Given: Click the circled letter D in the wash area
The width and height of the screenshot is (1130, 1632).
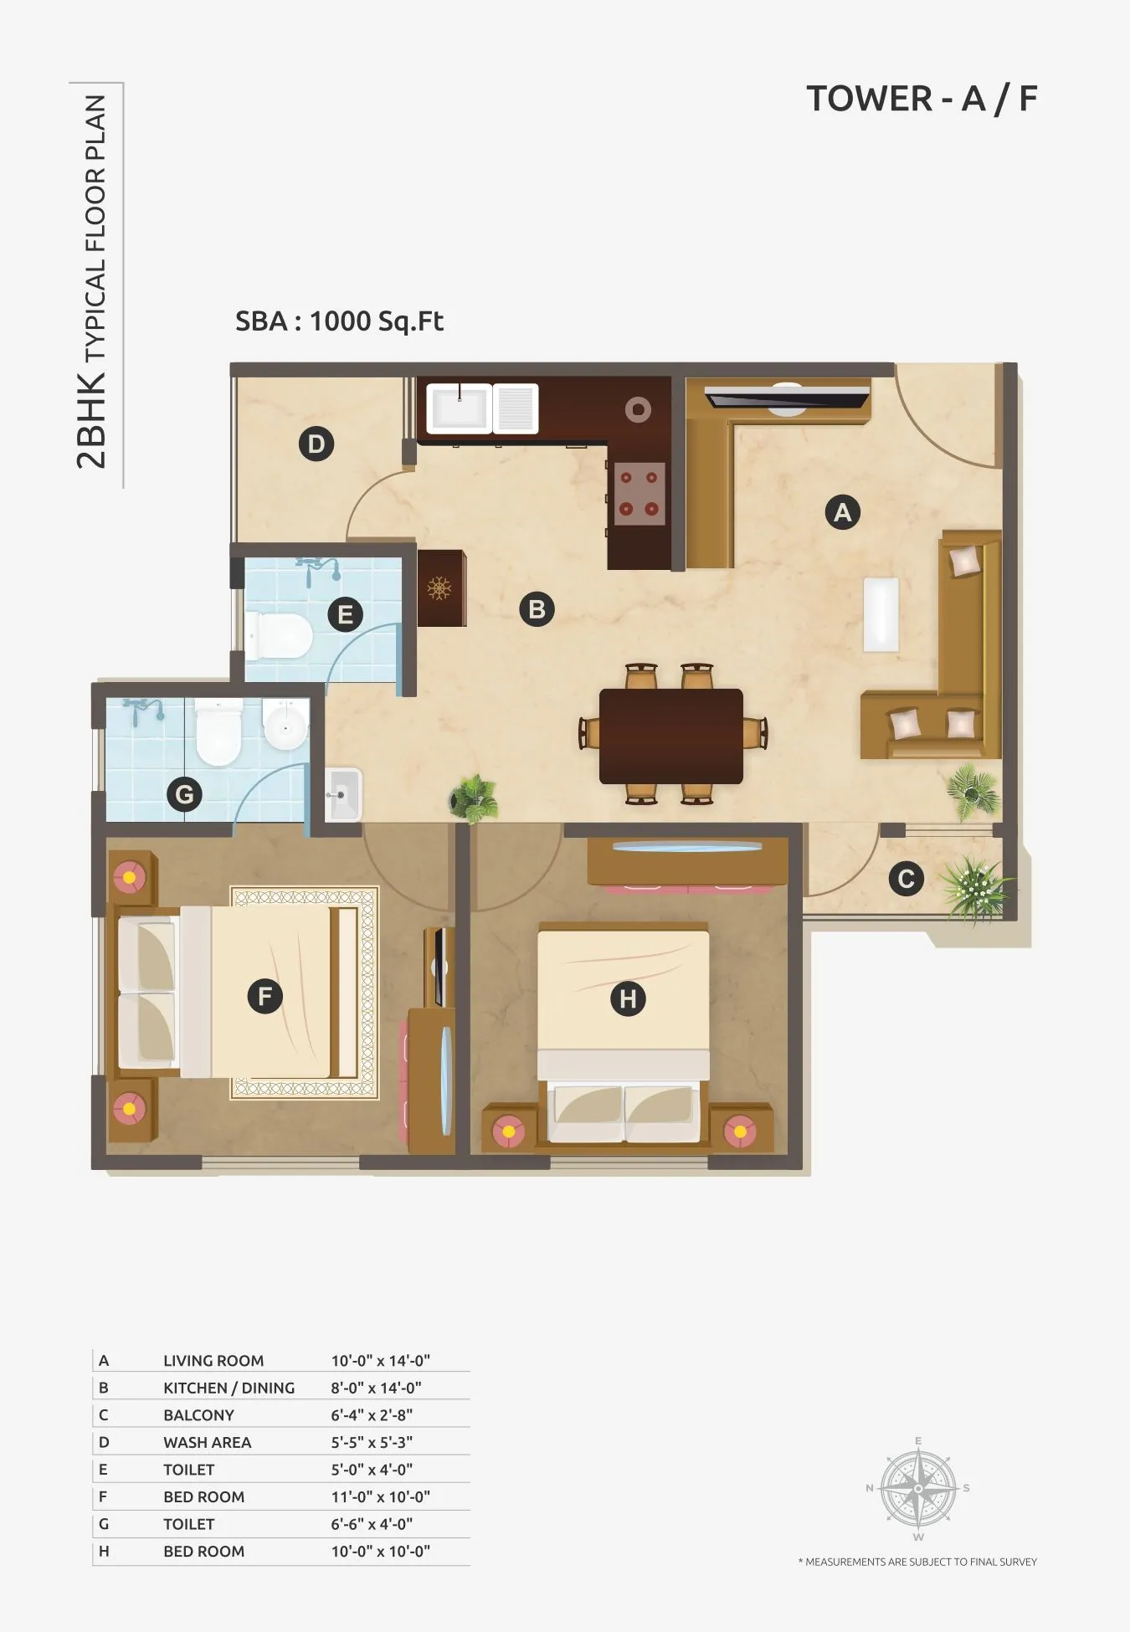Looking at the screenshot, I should (x=316, y=444).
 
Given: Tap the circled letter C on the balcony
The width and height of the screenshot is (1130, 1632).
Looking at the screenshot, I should (x=906, y=880).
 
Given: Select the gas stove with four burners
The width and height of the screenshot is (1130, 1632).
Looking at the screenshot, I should (x=639, y=494).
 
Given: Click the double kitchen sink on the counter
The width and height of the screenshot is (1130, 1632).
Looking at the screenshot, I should (x=482, y=408).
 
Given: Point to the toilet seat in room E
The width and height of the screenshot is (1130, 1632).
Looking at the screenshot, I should (x=280, y=635).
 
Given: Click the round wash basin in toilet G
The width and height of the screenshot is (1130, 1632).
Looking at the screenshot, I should (x=285, y=724).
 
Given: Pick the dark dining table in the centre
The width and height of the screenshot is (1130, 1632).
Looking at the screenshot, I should (x=670, y=736).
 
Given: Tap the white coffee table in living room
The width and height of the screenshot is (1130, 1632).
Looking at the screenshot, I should (x=881, y=614).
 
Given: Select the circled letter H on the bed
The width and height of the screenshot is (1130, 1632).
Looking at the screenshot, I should (x=628, y=998).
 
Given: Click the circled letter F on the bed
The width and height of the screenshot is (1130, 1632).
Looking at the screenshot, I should (x=265, y=996).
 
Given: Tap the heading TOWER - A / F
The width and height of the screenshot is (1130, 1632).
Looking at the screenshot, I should (x=922, y=99).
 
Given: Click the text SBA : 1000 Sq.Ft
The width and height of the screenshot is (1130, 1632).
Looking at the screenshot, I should (x=339, y=321).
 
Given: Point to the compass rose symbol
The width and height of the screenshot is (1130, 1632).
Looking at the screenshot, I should (x=918, y=1489).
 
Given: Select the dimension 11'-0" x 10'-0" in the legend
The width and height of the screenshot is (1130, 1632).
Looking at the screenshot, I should (x=380, y=1496).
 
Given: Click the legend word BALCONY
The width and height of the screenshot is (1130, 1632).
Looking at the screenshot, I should (x=198, y=1415).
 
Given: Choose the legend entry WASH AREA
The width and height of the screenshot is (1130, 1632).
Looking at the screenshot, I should (x=207, y=1442).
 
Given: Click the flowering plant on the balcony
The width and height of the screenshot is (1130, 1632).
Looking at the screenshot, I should (x=974, y=887).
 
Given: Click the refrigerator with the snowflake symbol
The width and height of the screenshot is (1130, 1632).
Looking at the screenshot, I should (x=440, y=588).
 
